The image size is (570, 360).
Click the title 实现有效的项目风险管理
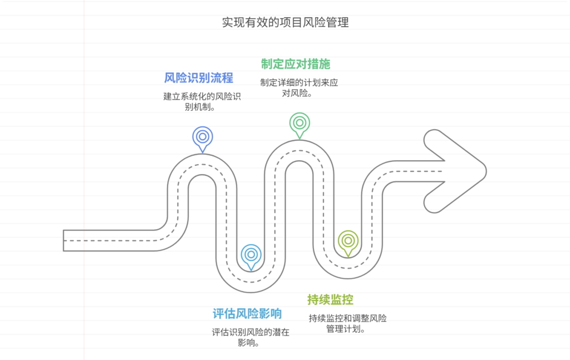(x=285, y=22)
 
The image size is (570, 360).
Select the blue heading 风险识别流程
(x=199, y=77)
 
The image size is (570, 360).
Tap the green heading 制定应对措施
(x=296, y=63)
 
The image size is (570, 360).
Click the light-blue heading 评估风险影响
(x=247, y=313)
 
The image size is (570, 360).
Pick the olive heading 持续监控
(x=330, y=299)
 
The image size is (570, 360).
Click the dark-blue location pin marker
(x=203, y=137)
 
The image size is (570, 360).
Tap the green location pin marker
(x=299, y=123)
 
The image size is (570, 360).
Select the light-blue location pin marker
(x=251, y=255)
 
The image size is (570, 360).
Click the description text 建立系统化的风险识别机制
(x=202, y=101)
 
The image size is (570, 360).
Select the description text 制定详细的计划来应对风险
(x=299, y=87)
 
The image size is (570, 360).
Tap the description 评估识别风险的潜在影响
(x=250, y=337)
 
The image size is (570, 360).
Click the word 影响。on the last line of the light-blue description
(x=250, y=343)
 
